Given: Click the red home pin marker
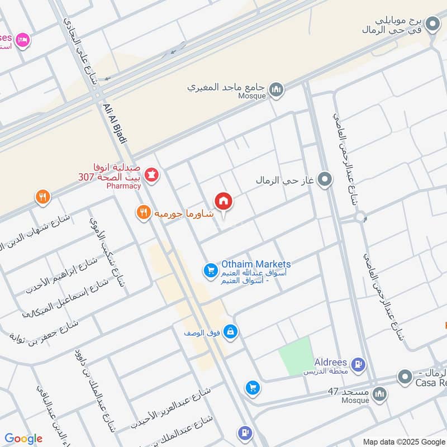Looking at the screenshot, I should pos(223,201).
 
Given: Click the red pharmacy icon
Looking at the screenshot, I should pos(151,175).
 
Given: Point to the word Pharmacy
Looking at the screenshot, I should pos(123,186).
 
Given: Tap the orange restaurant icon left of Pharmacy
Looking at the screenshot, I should pos(42,197).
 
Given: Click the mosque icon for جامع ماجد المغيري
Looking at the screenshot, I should pos(276,89).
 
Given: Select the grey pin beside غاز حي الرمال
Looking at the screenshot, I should pos(324,180).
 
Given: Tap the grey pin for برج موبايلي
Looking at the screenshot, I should pos(432,24).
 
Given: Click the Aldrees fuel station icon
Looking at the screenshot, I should pos(358,365).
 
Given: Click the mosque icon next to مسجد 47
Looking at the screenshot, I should pos(379,394).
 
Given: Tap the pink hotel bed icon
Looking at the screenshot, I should pos(22,40).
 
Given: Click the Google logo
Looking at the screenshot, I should pos(23,439).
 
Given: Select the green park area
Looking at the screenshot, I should pos(296,356).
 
